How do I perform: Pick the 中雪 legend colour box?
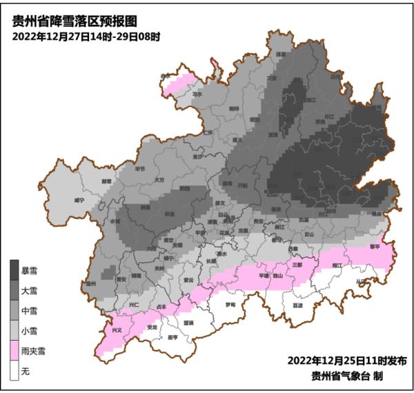pyautogui.click(x=13, y=311)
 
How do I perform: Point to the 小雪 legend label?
pyautogui.click(x=30, y=332)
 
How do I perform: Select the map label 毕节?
pyautogui.click(x=140, y=168)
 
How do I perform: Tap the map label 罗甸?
pyautogui.click(x=230, y=303)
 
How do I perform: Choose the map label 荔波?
pyautogui.click(x=297, y=304)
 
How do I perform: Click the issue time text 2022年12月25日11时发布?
pyautogui.click(x=346, y=361)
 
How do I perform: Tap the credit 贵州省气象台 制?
pyautogui.click(x=346, y=376)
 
